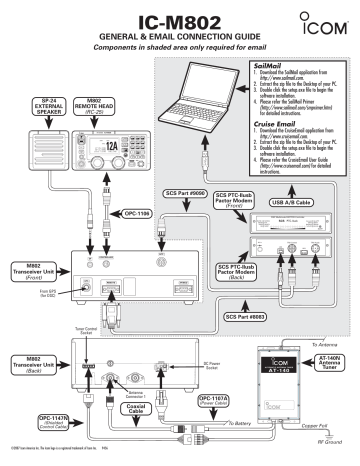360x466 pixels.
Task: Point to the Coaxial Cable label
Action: [x=140, y=409]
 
